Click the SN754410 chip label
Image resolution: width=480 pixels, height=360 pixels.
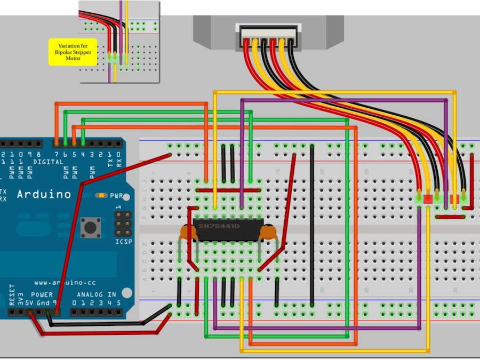[219, 226]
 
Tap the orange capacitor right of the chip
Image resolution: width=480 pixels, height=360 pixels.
[269, 232]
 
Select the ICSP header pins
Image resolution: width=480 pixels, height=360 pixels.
[123, 224]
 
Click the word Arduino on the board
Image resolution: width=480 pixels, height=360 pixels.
[44, 194]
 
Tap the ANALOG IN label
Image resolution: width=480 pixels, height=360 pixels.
[97, 294]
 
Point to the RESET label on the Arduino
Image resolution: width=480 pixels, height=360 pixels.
[12, 294]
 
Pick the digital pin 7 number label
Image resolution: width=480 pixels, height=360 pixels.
[57, 155]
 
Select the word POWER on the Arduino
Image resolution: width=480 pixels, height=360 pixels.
[42, 294]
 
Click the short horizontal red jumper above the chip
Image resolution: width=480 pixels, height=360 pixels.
[228, 190]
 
